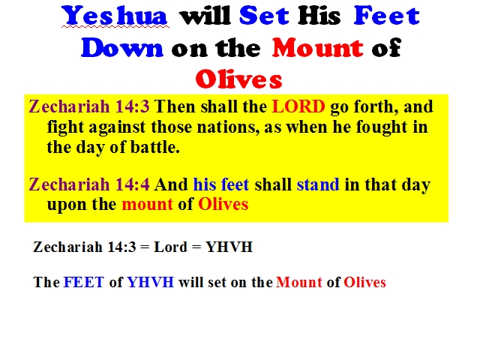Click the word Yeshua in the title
pos(115,15)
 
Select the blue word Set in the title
pos(264,15)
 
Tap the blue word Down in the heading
pos(121,48)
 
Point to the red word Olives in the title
pos(238,79)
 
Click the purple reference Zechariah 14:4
pos(89,184)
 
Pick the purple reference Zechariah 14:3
pos(89,106)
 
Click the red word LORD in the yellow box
pos(298,106)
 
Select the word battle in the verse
pos(155,147)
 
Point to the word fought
pos(382,127)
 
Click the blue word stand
pos(318,184)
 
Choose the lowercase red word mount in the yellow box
pos(147,204)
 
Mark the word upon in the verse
pos(67,205)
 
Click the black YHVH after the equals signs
pos(229,247)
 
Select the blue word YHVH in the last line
pos(150,282)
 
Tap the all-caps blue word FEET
pos(83,282)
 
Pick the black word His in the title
pos(319,15)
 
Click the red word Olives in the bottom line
pos(364,282)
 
